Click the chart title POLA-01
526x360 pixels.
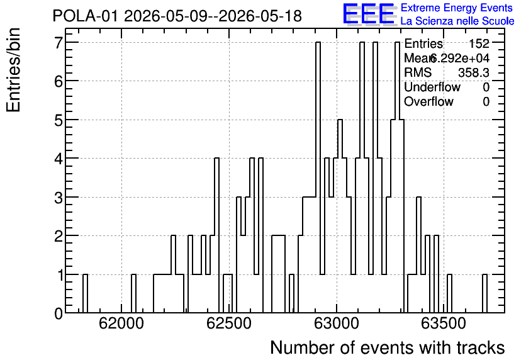[x=85, y=16]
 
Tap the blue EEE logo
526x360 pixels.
[x=369, y=14]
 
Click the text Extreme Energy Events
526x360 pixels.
[x=457, y=8]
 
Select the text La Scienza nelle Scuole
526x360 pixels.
[x=457, y=21]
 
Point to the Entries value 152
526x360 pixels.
[x=479, y=43]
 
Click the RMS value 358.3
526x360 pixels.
[x=474, y=72]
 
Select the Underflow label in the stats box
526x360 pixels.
[x=432, y=87]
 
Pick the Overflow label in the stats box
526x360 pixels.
[x=428, y=102]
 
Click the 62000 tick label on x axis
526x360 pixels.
[x=121, y=323]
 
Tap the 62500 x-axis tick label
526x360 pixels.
[x=229, y=323]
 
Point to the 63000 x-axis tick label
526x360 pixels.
[x=337, y=323]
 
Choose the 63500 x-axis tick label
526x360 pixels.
[x=444, y=323]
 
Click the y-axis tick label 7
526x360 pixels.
[x=59, y=42]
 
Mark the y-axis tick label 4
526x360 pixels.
[x=59, y=159]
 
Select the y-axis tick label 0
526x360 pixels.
[x=59, y=313]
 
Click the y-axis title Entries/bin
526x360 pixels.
[x=13, y=70]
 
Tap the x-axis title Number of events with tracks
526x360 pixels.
[x=388, y=347]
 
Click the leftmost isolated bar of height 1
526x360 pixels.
[x=85, y=293]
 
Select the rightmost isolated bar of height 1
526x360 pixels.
[x=484, y=293]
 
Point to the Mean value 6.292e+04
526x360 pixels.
[x=460, y=59]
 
